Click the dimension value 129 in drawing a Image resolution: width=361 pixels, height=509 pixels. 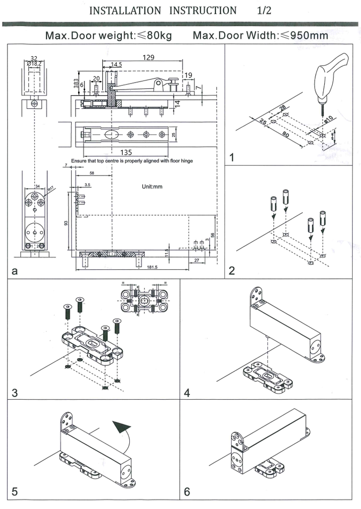(x=148, y=57)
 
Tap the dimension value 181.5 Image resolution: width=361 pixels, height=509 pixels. (x=152, y=267)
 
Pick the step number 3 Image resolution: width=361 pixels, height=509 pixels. (x=15, y=393)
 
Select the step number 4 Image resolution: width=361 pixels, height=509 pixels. (x=187, y=393)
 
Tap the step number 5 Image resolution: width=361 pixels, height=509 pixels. (x=15, y=492)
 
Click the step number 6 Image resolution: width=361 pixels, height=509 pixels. (x=187, y=492)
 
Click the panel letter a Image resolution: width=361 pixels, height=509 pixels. (x=14, y=271)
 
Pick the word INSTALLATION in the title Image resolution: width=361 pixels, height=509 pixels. (x=125, y=10)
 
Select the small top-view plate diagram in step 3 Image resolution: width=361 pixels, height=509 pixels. (x=145, y=301)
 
